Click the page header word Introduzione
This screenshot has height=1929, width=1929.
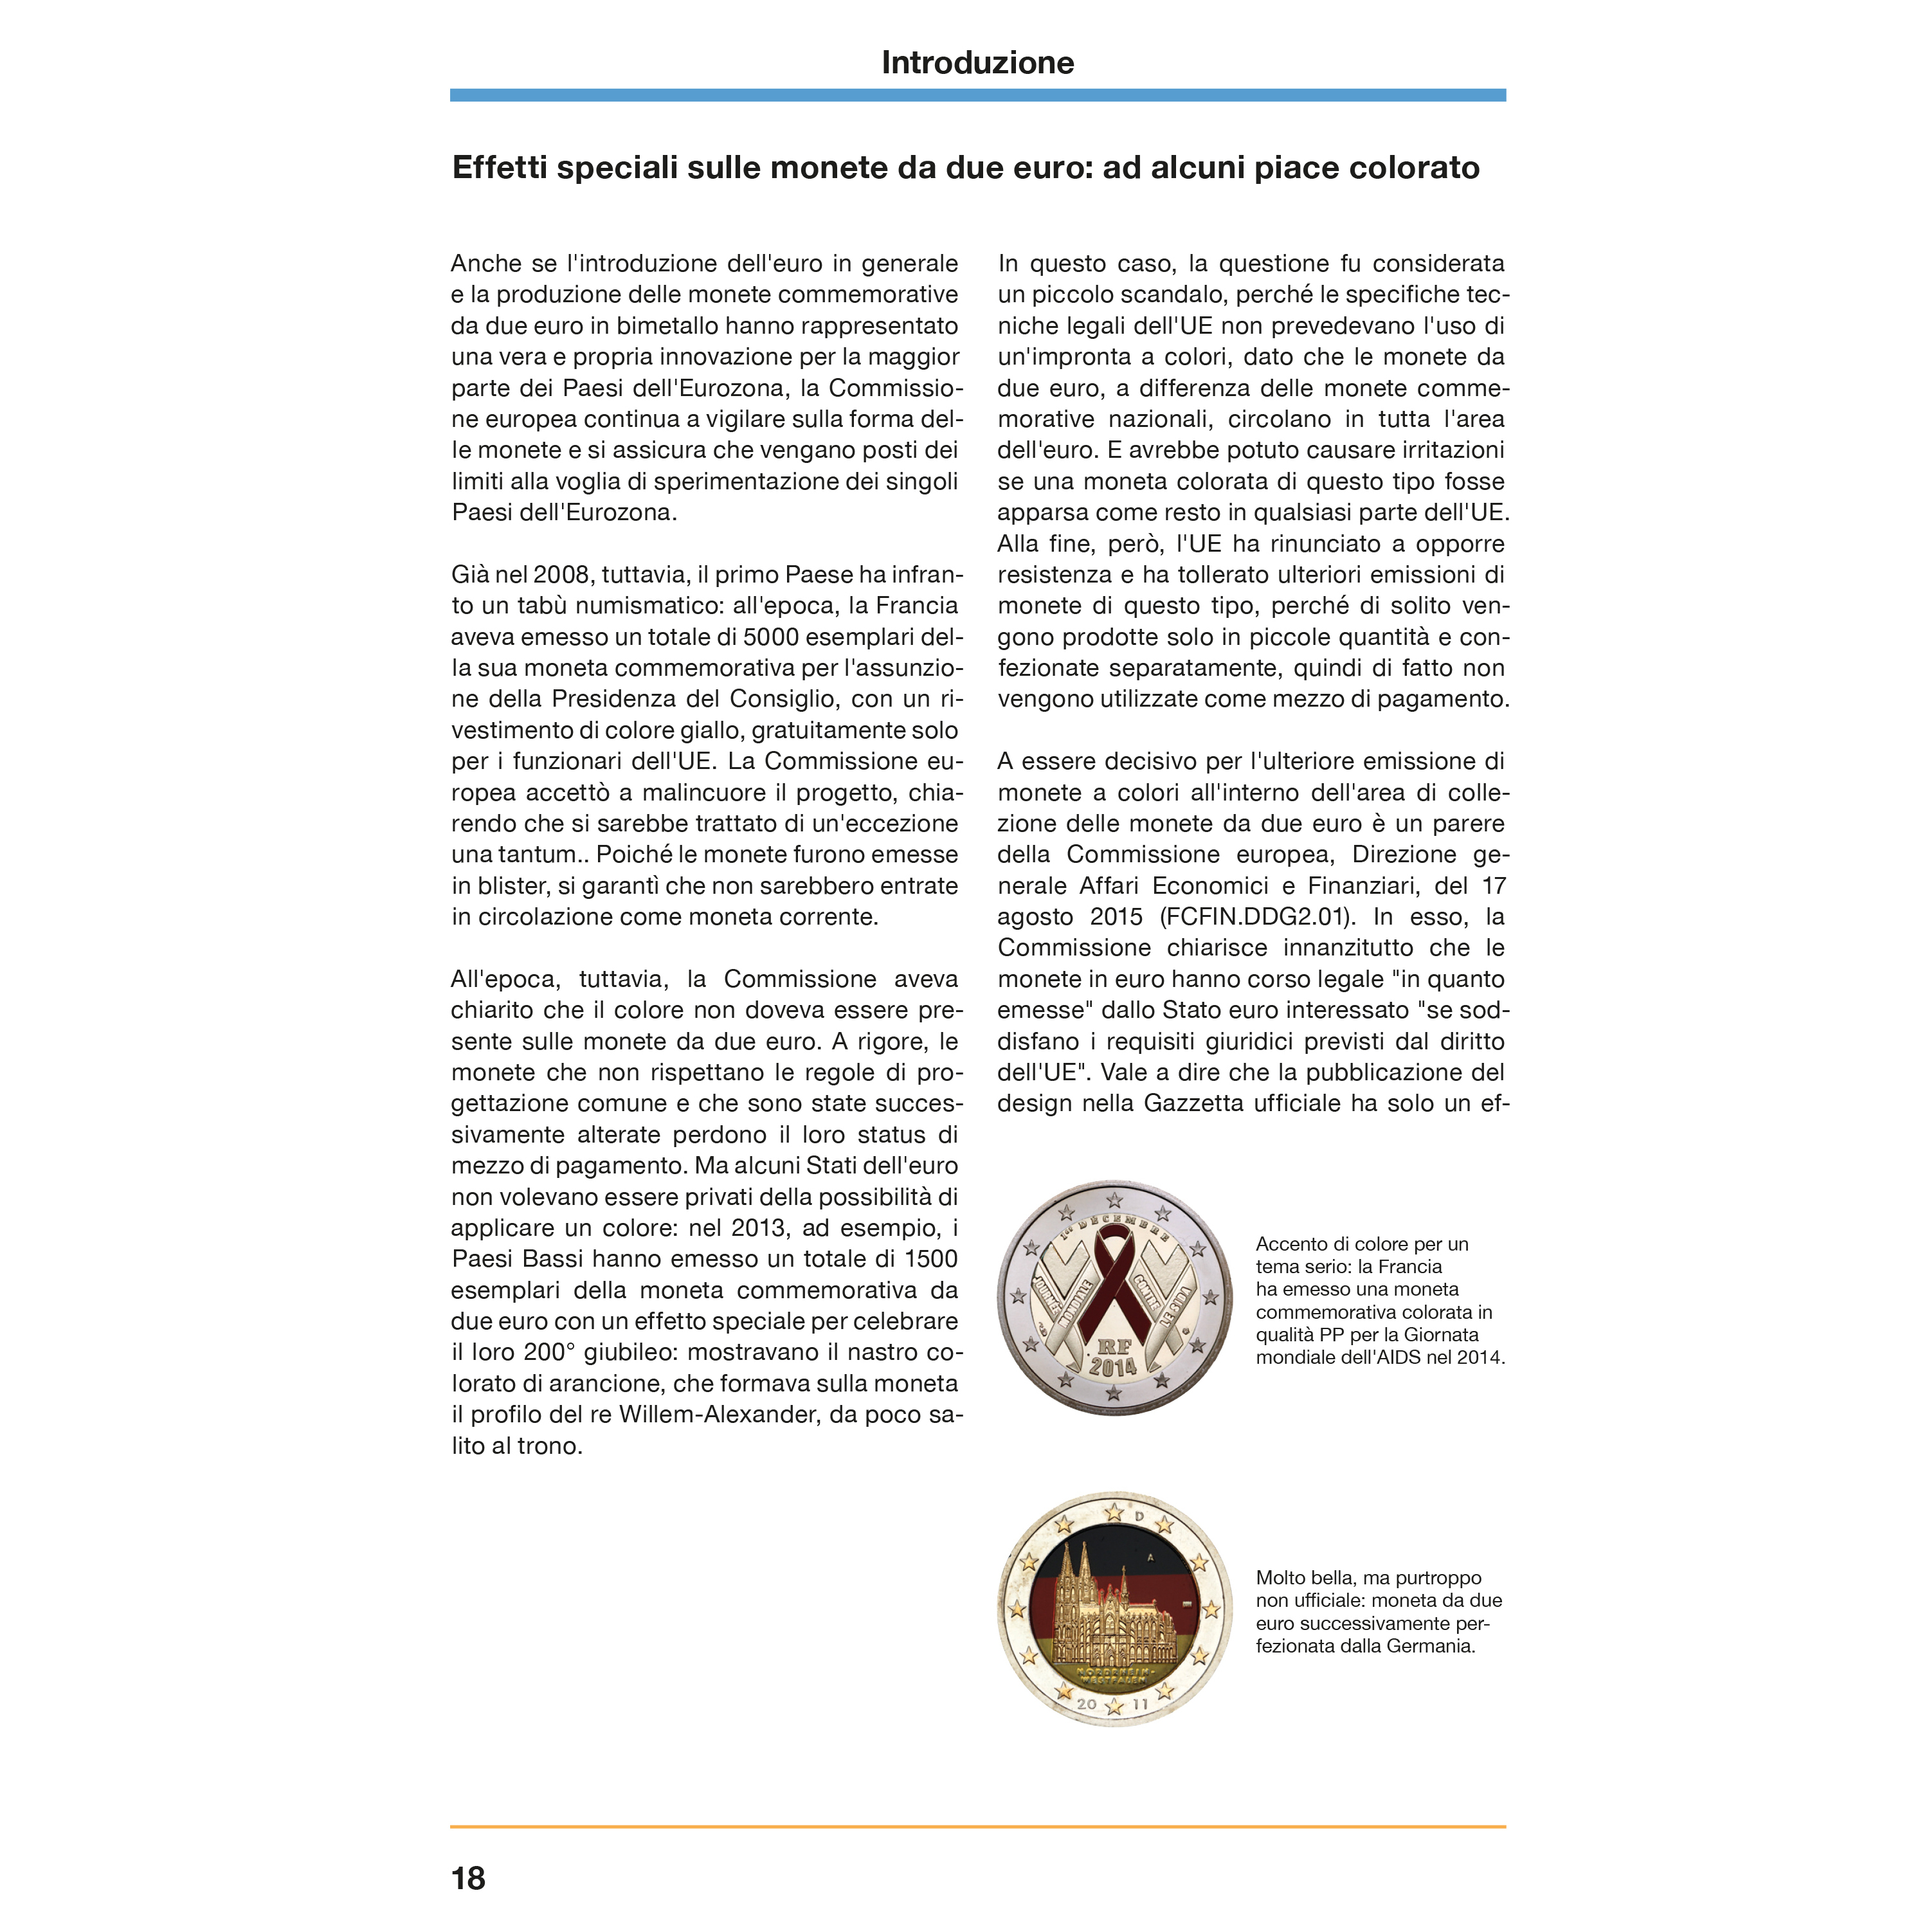pos(977,63)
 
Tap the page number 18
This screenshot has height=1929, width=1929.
pos(468,1878)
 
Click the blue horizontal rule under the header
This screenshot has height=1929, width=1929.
pos(977,95)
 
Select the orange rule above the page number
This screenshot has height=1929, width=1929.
pos(977,1827)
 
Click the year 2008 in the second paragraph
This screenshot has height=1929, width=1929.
pos(561,575)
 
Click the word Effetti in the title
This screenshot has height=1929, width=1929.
pos(499,168)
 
